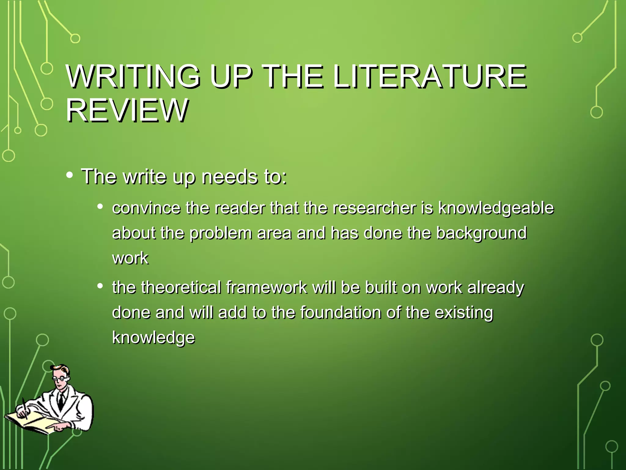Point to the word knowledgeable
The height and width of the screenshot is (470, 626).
point(496,208)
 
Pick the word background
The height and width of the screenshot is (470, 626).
point(481,233)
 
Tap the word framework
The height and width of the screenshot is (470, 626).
point(267,288)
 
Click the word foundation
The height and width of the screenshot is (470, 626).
point(340,312)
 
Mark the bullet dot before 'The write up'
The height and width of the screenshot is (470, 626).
point(70,175)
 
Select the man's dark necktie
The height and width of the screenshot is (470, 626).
point(61,401)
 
